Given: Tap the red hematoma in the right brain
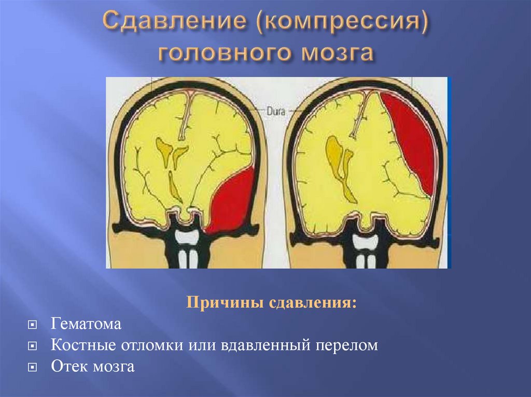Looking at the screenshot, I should pyautogui.click(x=412, y=140).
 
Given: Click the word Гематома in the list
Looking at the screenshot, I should pyautogui.click(x=86, y=325).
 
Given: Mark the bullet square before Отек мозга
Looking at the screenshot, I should pyautogui.click(x=32, y=367).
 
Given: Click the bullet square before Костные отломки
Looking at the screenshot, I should pyautogui.click(x=32, y=346).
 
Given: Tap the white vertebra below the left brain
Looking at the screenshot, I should pyautogui.click(x=186, y=237).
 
